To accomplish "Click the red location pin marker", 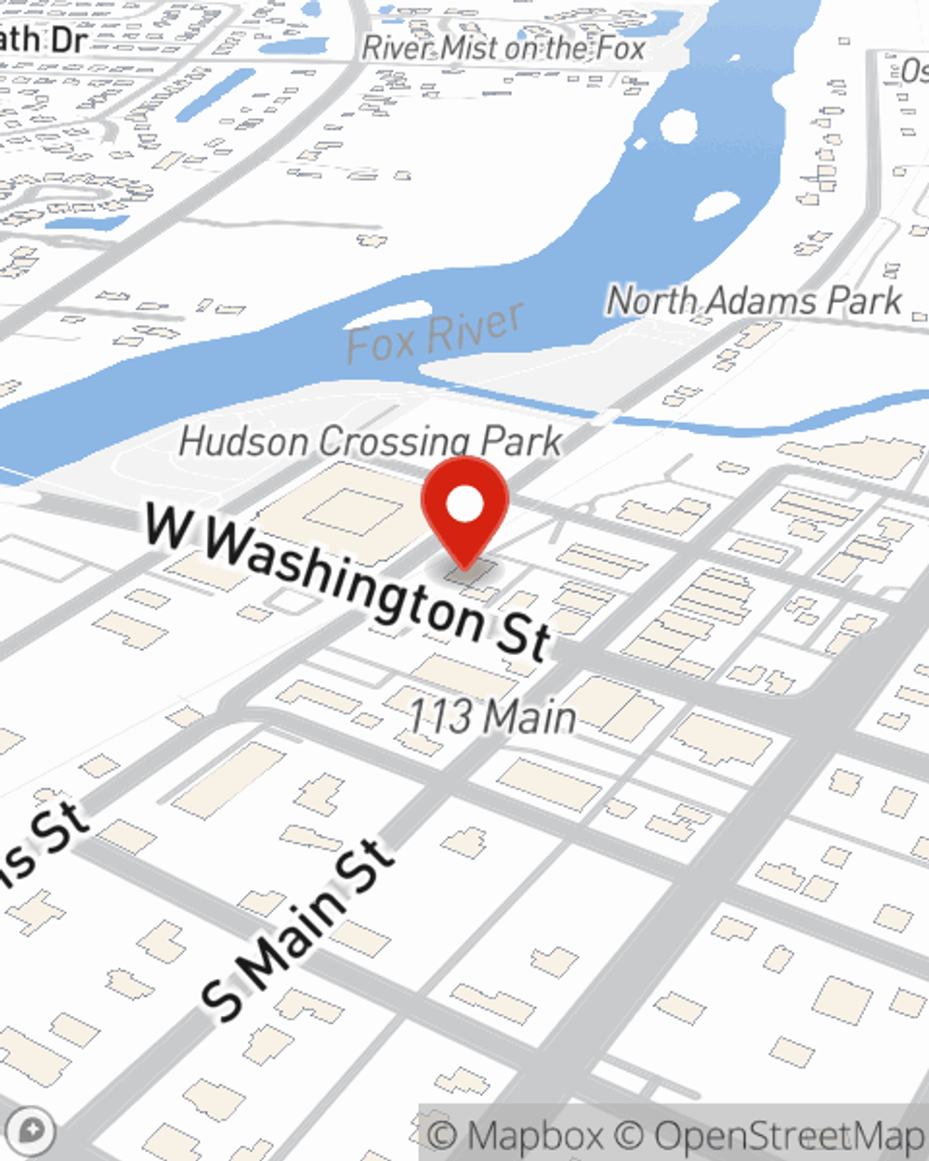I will click(464, 511).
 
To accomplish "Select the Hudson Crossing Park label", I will click(370, 441).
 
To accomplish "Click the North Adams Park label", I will click(753, 301).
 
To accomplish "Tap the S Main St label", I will click(297, 929).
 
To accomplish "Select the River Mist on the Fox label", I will click(504, 47).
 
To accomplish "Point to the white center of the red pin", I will click(464, 505).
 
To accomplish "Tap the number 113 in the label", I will click(440, 715).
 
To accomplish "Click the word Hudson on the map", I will click(243, 440).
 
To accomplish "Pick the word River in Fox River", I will click(478, 327).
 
